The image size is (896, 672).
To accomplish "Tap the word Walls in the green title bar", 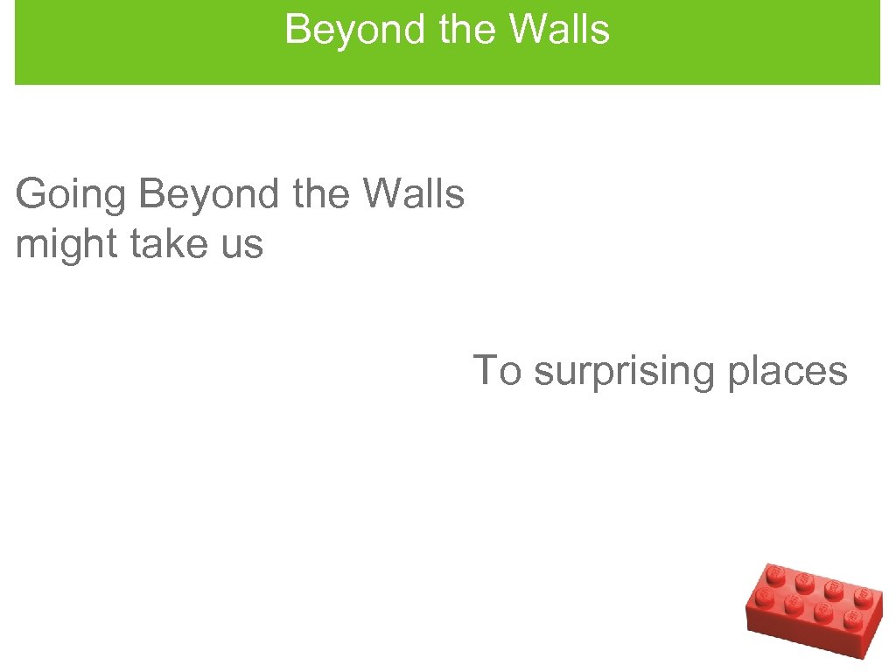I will (x=559, y=29).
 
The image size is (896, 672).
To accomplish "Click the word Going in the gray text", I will (x=71, y=195).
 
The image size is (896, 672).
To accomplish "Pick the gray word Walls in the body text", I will (x=415, y=193).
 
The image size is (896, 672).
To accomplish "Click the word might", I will (x=66, y=245).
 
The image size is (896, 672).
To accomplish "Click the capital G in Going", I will (x=32, y=194).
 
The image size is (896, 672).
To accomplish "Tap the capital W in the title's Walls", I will (x=528, y=29).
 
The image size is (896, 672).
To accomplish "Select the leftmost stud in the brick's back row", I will (x=773, y=574).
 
